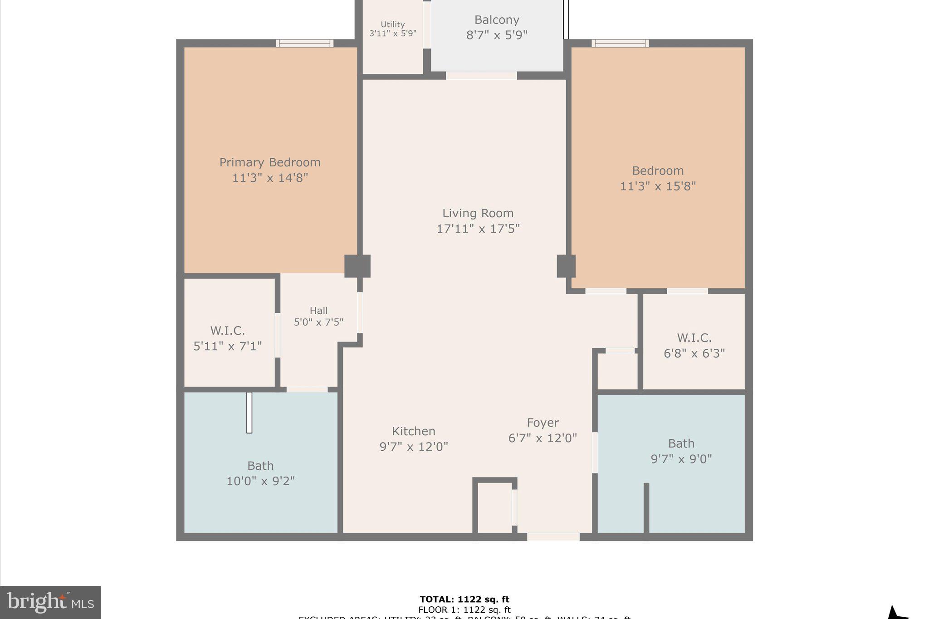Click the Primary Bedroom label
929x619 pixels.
[x=270, y=162]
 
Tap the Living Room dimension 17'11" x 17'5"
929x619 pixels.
[x=478, y=229]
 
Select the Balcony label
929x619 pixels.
[x=497, y=20]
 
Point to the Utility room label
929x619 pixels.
[x=392, y=24]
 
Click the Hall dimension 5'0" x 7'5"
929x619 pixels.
[x=318, y=322]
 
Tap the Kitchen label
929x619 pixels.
[x=413, y=431]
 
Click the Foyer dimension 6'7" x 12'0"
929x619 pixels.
[x=543, y=438]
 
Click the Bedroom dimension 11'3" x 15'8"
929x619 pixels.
[x=658, y=186]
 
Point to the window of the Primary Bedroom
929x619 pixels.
[x=304, y=44]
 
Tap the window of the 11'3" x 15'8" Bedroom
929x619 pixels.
[x=620, y=44]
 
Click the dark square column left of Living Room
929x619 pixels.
[x=357, y=266]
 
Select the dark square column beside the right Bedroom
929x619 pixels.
[x=566, y=266]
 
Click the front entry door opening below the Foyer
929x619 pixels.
[x=553, y=537]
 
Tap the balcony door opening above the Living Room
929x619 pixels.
[x=481, y=76]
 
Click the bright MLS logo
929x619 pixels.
[x=50, y=602]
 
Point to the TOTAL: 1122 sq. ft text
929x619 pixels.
[x=464, y=600]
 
